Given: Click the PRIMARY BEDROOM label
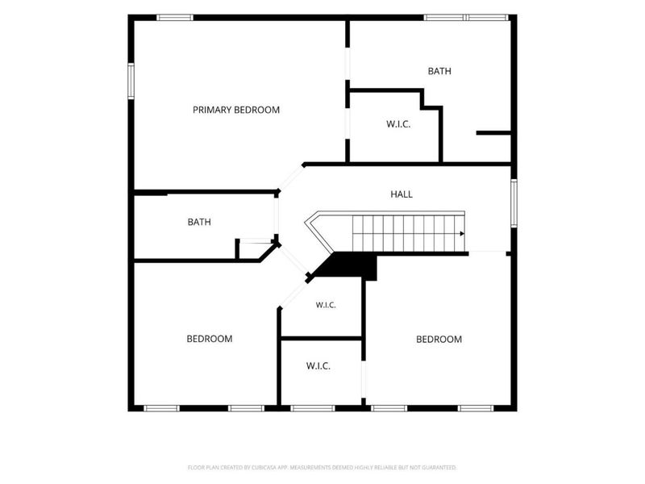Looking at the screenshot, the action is point(236,110).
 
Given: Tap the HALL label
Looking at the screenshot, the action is point(402,194).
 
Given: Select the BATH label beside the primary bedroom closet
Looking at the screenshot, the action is point(439,71).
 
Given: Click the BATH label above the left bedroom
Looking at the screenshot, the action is point(199,223).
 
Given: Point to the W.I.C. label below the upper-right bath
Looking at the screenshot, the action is point(398,124).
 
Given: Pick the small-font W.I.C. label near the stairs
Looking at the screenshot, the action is point(326,305).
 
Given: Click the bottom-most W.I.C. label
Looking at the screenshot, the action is point(318,366).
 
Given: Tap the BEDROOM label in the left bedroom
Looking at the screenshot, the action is point(210,339).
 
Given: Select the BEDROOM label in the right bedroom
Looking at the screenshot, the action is point(439,339).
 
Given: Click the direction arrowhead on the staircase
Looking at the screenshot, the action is point(462,234).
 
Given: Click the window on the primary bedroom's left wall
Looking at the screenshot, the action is point(131,81).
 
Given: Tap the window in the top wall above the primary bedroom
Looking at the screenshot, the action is point(175,17).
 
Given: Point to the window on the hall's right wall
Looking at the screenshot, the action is point(514,203).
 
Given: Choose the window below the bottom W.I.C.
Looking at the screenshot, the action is point(313,408).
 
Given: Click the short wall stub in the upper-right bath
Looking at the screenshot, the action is point(493,133).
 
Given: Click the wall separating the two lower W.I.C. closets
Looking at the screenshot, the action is point(321,339).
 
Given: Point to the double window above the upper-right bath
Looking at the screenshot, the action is point(467,17).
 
